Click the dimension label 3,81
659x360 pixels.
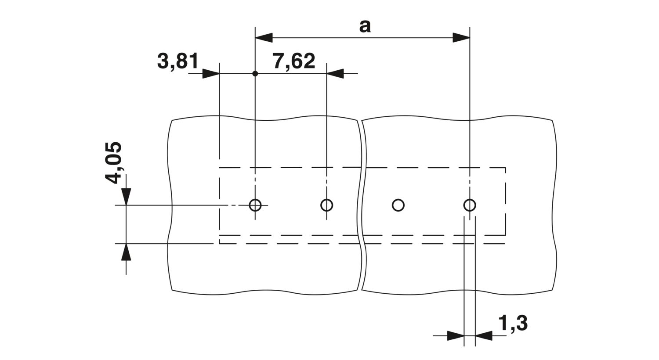click(177, 61)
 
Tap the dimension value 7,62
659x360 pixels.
click(294, 61)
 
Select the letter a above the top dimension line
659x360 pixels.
click(365, 26)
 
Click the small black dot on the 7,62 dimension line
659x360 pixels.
click(255, 73)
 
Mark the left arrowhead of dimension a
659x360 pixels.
click(264, 38)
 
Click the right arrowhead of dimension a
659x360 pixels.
click(461, 38)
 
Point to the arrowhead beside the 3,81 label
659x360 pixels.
click(211, 73)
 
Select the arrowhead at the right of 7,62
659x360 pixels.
click(335, 73)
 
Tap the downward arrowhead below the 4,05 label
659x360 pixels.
click(126, 196)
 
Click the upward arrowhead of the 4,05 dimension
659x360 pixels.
click(126, 252)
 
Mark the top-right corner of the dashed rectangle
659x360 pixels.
click(505, 168)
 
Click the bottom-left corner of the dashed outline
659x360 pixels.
click(220, 244)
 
